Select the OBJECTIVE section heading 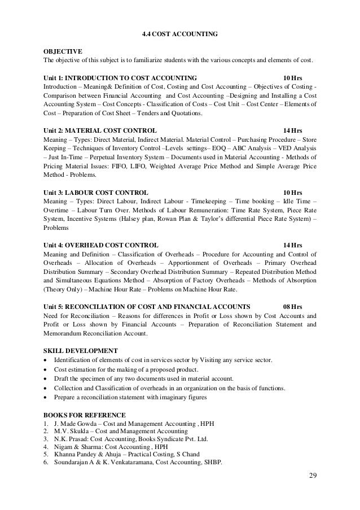point(63,50)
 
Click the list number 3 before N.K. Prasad point(45,439)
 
